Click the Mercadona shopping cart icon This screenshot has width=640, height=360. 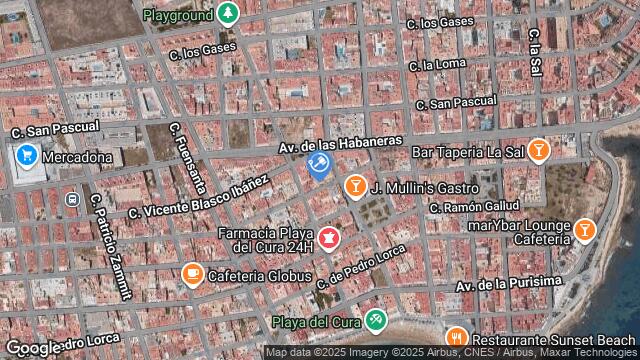click(26, 155)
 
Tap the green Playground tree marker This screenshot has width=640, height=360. click(229, 14)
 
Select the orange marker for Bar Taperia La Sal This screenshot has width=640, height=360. click(539, 151)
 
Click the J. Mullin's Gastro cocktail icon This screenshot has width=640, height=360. click(354, 186)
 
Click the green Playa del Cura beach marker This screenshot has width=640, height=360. click(376, 320)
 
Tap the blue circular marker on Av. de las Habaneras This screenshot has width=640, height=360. click(319, 163)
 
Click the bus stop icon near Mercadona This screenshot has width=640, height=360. click(72, 200)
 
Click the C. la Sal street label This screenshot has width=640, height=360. click(536, 50)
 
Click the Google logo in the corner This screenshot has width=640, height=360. click(32, 348)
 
